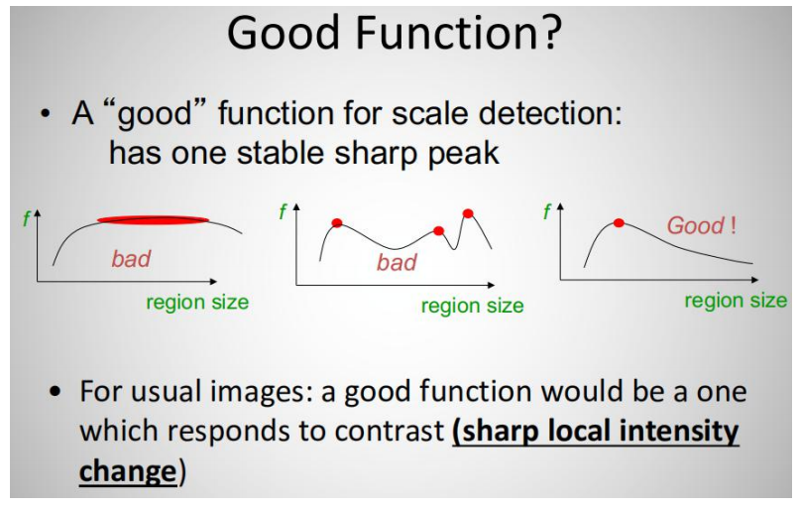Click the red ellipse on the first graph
tap(153, 220)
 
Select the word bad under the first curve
tap(131, 259)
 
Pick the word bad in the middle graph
tap(397, 263)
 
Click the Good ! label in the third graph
tap(701, 225)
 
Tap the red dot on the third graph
tap(619, 223)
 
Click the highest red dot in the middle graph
tap(468, 213)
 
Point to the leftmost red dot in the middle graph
tap(337, 223)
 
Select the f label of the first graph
tap(27, 219)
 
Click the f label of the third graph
tap(547, 211)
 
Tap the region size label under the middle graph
tap(473, 306)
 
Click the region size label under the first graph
tap(197, 303)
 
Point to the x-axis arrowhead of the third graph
tap(755, 280)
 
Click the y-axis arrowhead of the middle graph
tap(296, 207)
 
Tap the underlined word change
tap(128, 471)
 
